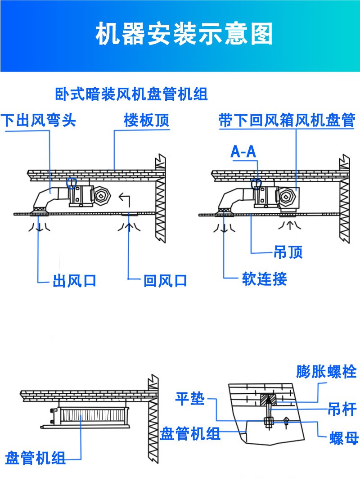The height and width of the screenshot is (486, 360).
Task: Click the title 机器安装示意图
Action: pyautogui.click(x=184, y=35)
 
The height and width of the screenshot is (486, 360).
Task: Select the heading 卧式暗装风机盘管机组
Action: pyautogui.click(x=131, y=95)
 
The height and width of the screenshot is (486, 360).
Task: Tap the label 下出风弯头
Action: pyautogui.click(x=38, y=121)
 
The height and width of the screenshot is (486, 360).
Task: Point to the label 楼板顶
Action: pyautogui.click(x=147, y=121)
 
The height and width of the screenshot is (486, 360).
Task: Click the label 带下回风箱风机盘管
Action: pyautogui.click(x=287, y=121)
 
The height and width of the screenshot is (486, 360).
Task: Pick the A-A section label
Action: pyautogui.click(x=243, y=152)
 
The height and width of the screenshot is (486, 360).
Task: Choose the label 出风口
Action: pyautogui.click(x=74, y=281)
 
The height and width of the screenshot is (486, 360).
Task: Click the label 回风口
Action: pyautogui.click(x=165, y=281)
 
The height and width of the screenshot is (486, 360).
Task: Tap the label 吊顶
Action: pyautogui.click(x=288, y=252)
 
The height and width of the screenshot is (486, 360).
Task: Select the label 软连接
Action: pyautogui.click(x=264, y=279)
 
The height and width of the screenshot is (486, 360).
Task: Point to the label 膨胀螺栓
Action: pyautogui.click(x=326, y=372)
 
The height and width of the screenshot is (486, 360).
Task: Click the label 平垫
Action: pyautogui.click(x=190, y=399)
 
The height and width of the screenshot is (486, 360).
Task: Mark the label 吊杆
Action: pyautogui.click(x=342, y=409)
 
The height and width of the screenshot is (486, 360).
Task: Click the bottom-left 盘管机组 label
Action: pyautogui.click(x=35, y=459)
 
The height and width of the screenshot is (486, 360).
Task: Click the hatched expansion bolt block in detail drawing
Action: pyautogui.click(x=269, y=399)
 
